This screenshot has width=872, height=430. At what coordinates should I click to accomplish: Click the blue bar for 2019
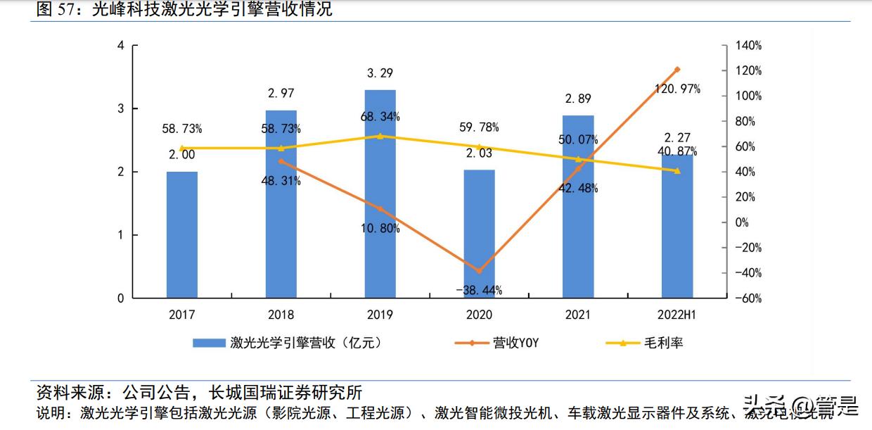[380, 194]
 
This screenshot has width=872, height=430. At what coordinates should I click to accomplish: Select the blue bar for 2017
[182, 234]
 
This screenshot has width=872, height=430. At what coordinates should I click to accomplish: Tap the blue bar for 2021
[578, 206]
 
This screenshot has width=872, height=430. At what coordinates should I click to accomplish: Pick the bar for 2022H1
[677, 226]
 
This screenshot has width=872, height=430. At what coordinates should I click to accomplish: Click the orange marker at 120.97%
[677, 70]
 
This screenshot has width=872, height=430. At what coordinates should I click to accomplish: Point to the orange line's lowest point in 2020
[479, 271]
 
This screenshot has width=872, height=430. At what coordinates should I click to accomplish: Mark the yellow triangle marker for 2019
[380, 136]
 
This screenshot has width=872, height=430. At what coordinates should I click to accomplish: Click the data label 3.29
[380, 72]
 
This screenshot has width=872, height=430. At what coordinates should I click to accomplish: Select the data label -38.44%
[479, 290]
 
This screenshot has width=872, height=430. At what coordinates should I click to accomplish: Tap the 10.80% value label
[380, 229]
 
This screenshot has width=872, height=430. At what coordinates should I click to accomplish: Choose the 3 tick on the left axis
[120, 108]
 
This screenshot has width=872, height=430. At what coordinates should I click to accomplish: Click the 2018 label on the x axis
[281, 315]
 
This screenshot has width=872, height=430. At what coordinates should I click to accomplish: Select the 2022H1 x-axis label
[677, 315]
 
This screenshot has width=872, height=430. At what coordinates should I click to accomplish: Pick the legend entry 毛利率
[663, 343]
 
